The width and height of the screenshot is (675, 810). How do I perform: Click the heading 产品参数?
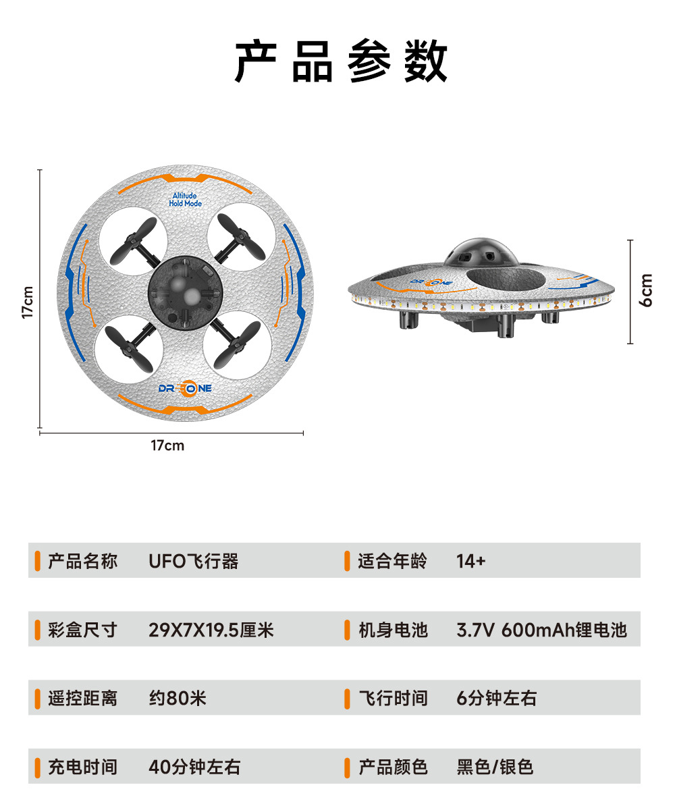click(x=341, y=62)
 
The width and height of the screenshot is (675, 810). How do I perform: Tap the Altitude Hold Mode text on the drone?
click(x=185, y=200)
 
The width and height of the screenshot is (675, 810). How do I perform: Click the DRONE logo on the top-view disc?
click(x=185, y=388)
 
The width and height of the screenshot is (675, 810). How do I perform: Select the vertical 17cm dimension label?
click(x=28, y=302)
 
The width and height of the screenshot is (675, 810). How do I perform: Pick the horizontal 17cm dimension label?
click(x=167, y=446)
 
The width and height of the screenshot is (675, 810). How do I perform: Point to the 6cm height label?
click(x=647, y=290)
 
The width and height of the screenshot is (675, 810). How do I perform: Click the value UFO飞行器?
click(x=194, y=561)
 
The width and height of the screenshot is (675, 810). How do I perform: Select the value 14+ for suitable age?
click(x=470, y=561)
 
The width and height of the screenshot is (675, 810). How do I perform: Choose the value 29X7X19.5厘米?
click(x=211, y=630)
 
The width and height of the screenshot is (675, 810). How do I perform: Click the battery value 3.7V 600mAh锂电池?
click(x=541, y=630)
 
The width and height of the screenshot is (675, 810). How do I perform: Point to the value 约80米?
click(x=178, y=698)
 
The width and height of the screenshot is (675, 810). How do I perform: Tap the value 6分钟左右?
click(x=496, y=698)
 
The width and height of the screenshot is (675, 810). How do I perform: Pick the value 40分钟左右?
click(x=194, y=767)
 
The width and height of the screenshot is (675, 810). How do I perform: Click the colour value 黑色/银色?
click(x=495, y=767)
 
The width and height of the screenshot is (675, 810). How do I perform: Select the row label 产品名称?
click(x=82, y=561)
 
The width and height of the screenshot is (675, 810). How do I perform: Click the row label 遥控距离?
click(x=82, y=698)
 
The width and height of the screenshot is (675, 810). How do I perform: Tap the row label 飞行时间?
click(x=393, y=698)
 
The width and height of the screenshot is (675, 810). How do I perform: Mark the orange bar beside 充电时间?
click(x=38, y=767)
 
